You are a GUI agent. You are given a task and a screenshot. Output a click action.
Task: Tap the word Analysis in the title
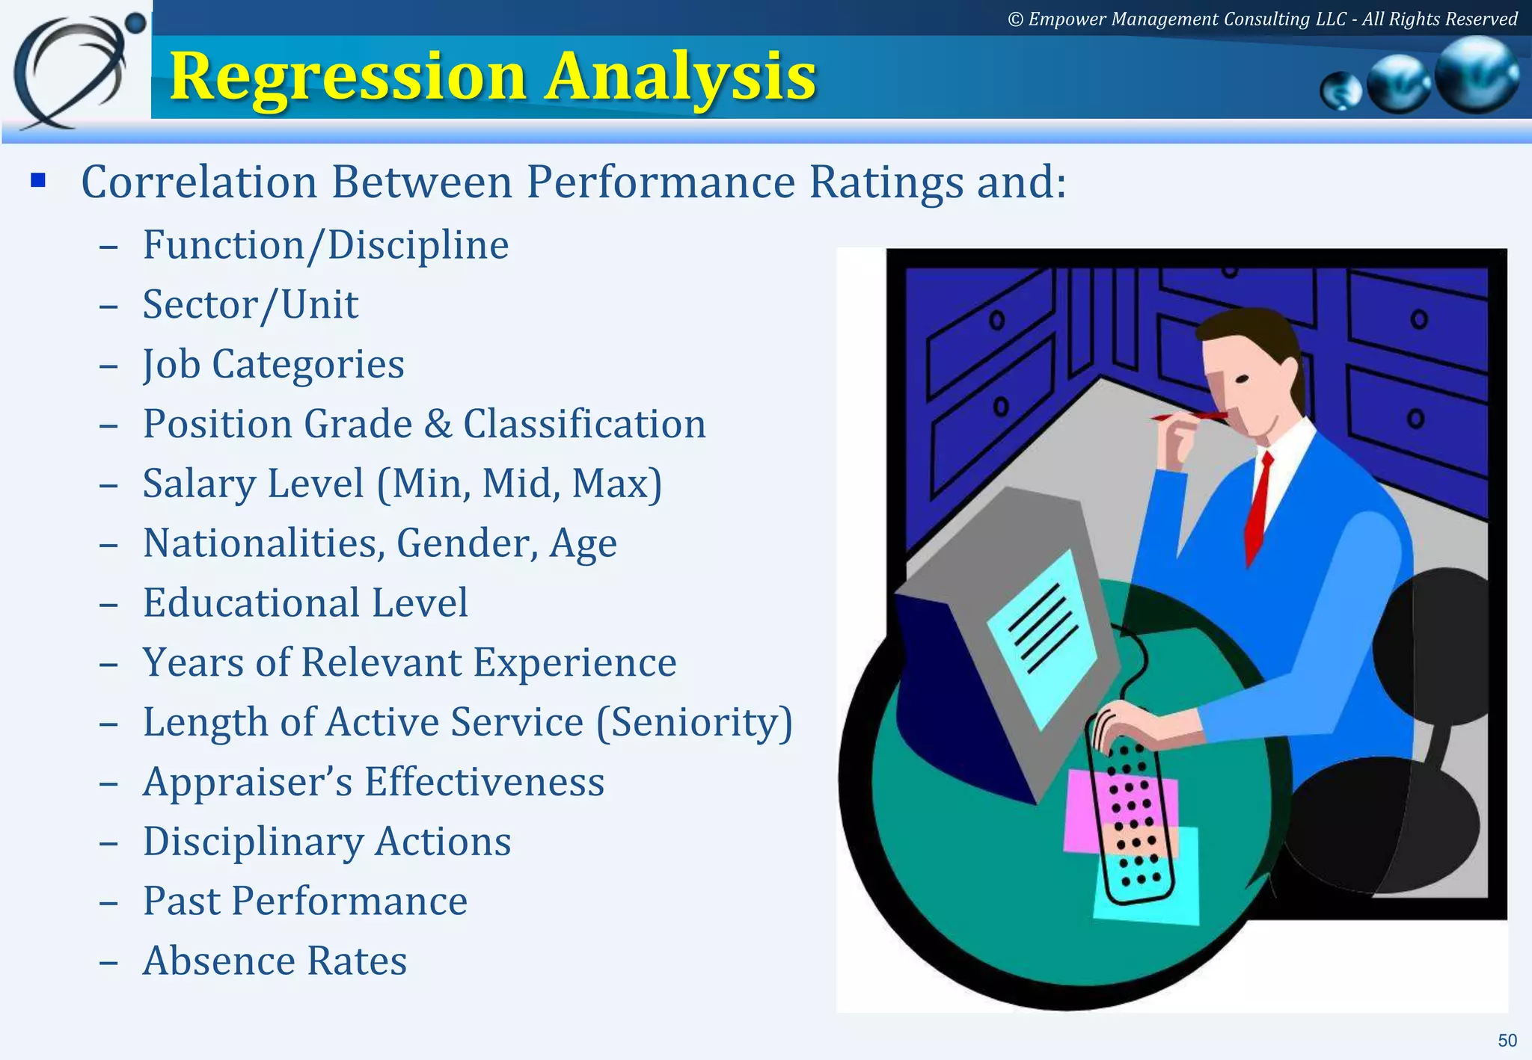tap(680, 77)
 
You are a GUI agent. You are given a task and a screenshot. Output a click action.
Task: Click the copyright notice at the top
tap(1262, 19)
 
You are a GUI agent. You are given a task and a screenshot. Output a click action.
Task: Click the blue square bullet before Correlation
tap(38, 181)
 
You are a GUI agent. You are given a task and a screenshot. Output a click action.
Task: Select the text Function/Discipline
tap(325, 245)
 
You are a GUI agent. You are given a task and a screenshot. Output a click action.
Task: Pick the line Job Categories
tap(273, 365)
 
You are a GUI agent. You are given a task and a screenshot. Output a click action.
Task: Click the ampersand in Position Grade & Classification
tap(438, 425)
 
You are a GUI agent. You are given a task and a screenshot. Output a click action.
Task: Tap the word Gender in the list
tap(466, 543)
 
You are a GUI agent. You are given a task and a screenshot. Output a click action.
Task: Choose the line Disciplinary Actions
tap(327, 842)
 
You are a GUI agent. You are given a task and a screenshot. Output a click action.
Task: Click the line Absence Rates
tap(275, 961)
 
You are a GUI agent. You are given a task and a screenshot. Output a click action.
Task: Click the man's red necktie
tap(1258, 508)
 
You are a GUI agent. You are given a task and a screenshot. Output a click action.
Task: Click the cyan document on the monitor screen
tap(1043, 635)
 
